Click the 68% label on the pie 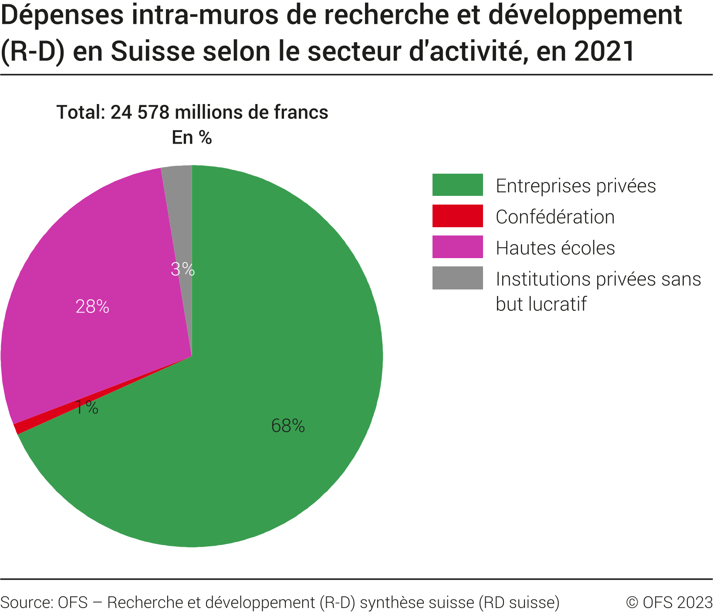click(x=287, y=426)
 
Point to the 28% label click(x=92, y=307)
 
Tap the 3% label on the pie click(x=182, y=269)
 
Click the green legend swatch click(x=457, y=185)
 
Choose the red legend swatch click(x=457, y=216)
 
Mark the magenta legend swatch click(x=457, y=247)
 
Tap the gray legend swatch click(x=457, y=278)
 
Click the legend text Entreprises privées click(x=575, y=186)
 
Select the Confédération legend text click(x=555, y=217)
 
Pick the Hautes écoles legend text click(x=555, y=248)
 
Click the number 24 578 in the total click(x=139, y=112)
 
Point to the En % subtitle click(x=192, y=138)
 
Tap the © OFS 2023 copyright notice click(x=669, y=602)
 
